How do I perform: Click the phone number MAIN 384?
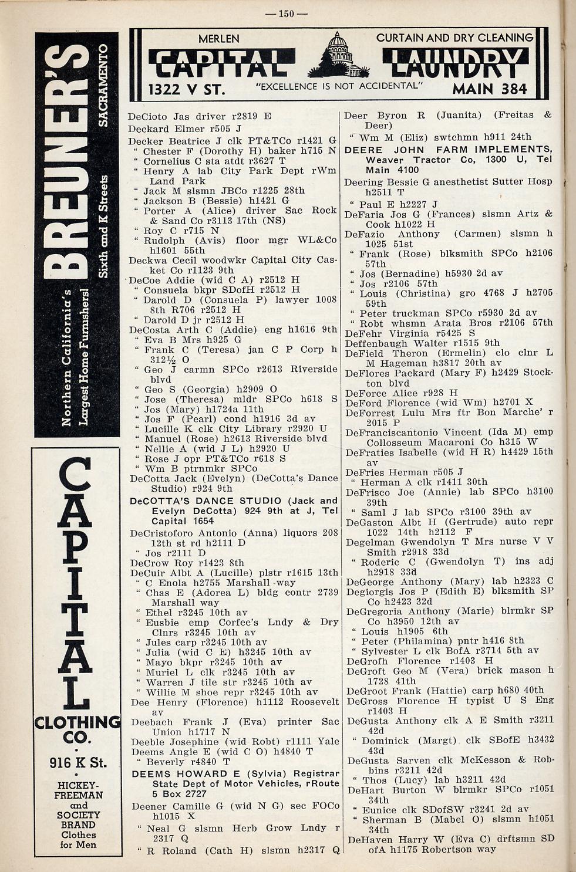coord(490,89)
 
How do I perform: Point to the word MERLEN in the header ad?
coord(218,39)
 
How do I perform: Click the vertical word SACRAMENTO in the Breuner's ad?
coord(103,85)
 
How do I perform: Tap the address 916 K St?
coord(78,763)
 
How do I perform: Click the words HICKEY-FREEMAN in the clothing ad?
coord(78,790)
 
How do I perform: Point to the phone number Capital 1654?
coord(182,521)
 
